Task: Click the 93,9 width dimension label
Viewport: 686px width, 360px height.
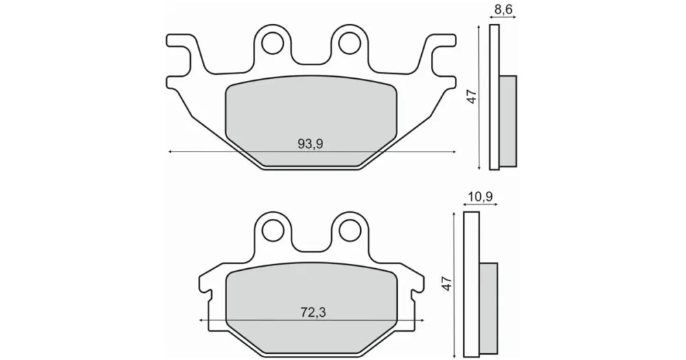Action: (x=310, y=143)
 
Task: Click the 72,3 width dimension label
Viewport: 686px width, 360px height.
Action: (x=314, y=312)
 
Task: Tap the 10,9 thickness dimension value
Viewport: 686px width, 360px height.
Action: (x=480, y=197)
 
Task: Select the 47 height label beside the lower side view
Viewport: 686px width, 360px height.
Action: (x=447, y=283)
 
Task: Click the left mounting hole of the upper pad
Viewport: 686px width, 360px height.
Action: (x=272, y=43)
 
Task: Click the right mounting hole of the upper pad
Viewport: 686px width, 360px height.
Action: (x=349, y=43)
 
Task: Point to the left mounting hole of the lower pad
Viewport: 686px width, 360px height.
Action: (x=272, y=230)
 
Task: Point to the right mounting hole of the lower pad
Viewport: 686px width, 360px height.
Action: (x=350, y=230)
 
